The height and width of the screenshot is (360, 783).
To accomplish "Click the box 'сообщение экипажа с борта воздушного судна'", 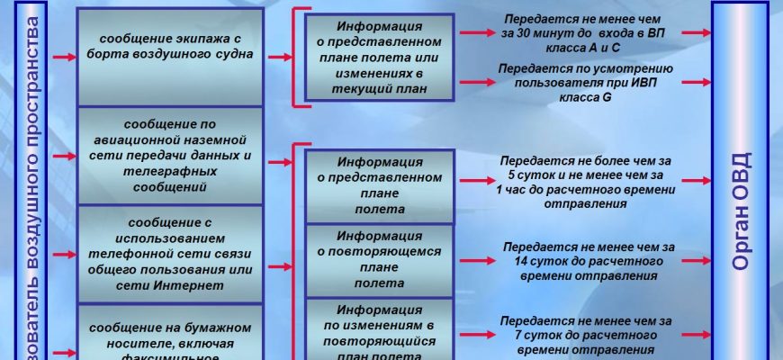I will (x=170, y=54).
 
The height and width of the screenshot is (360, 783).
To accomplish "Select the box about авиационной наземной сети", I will (x=170, y=155).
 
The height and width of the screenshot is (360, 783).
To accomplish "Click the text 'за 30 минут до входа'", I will (x=582, y=32).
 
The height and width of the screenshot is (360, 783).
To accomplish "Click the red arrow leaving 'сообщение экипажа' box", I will (x=278, y=56).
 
